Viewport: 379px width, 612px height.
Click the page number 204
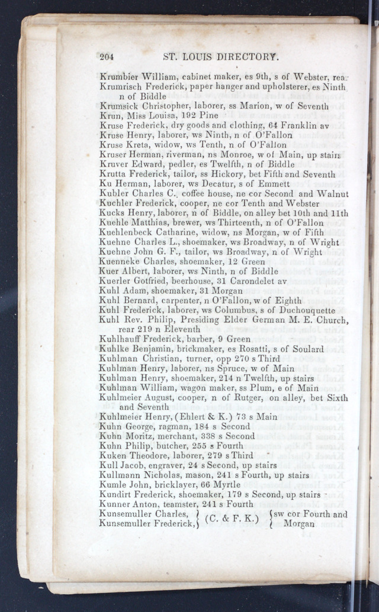(x=107, y=57)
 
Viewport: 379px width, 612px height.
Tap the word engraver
(x=166, y=465)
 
